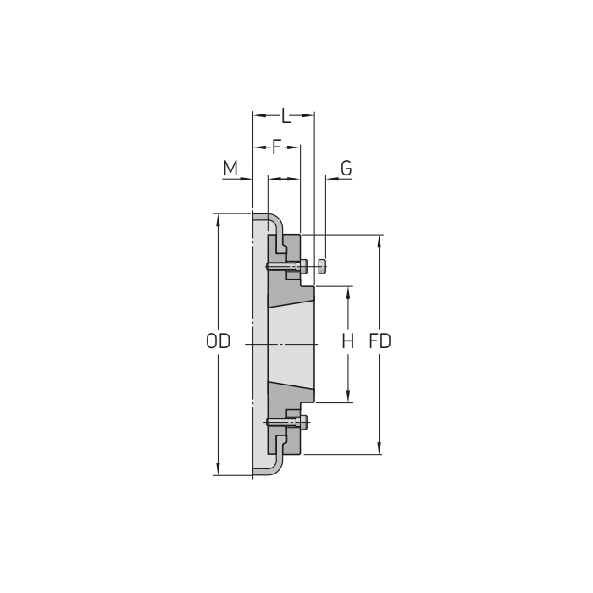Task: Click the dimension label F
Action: [276, 147]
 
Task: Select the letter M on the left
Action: [230, 168]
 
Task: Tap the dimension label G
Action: [346, 168]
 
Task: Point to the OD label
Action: [218, 342]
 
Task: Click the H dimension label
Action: [347, 342]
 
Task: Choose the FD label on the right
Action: [380, 342]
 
